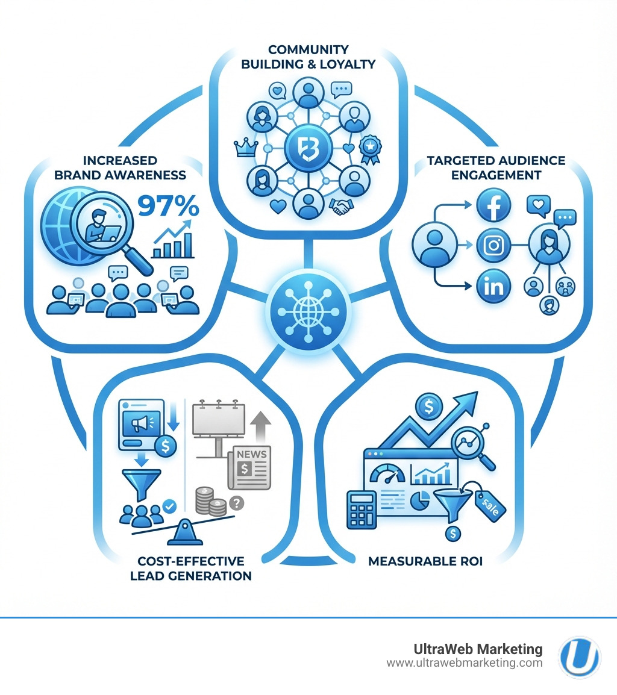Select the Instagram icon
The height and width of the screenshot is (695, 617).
pyautogui.click(x=493, y=246)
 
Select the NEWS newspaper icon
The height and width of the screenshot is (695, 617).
pyautogui.click(x=248, y=467)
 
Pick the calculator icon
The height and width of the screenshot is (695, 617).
pyautogui.click(x=362, y=510)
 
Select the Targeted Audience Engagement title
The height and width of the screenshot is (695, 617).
pyautogui.click(x=496, y=167)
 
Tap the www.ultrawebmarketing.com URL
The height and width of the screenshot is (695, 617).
pyautogui.click(x=464, y=663)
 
